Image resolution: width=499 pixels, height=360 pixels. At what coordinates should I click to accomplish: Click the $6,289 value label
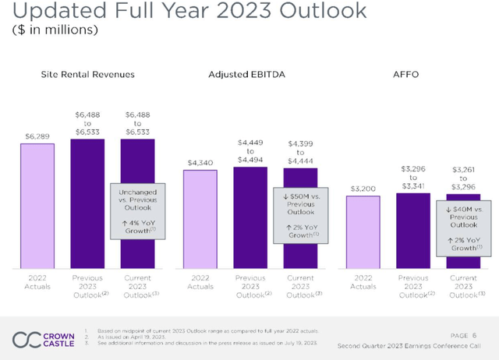[37, 136]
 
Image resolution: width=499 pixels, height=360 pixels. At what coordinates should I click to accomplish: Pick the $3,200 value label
[363, 188]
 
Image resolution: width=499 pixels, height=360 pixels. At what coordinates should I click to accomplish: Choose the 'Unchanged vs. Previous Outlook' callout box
[138, 211]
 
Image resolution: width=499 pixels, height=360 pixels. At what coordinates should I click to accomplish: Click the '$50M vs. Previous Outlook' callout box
[300, 215]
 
